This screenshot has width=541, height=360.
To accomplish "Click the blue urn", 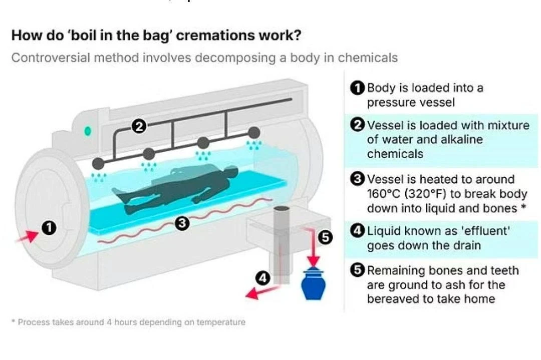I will (313, 285).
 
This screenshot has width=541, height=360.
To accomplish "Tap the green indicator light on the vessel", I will (88, 131).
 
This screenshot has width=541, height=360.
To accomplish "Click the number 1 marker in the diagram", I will (49, 228).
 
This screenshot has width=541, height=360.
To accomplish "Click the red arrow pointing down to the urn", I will (313, 250).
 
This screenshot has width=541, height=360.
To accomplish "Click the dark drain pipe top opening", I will (282, 207).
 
